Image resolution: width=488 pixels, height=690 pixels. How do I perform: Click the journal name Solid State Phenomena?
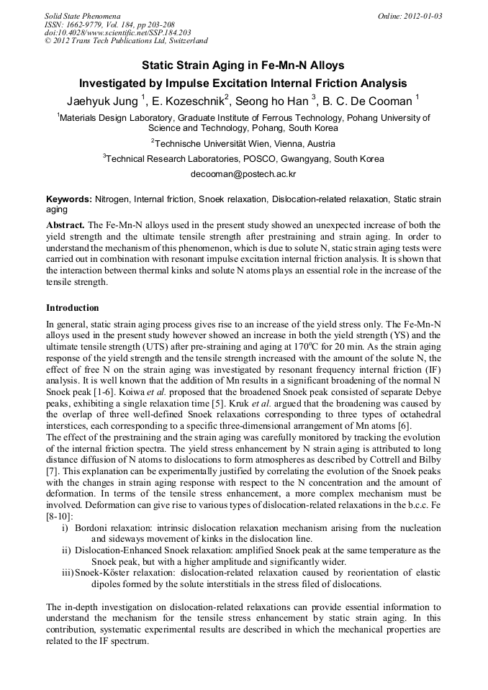(x=82, y=16)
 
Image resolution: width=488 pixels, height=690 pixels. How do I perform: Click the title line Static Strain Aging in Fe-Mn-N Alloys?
(x=243, y=65)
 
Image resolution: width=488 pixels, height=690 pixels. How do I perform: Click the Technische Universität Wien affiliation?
(x=243, y=143)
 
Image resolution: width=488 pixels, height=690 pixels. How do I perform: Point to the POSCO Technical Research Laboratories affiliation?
(x=243, y=158)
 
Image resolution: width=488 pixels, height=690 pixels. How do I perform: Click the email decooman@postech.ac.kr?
(x=243, y=174)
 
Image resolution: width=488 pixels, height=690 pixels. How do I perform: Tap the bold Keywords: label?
(x=69, y=199)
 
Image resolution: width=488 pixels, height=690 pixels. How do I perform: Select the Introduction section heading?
(x=73, y=307)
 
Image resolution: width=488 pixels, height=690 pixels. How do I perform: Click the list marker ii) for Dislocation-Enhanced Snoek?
(x=66, y=550)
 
